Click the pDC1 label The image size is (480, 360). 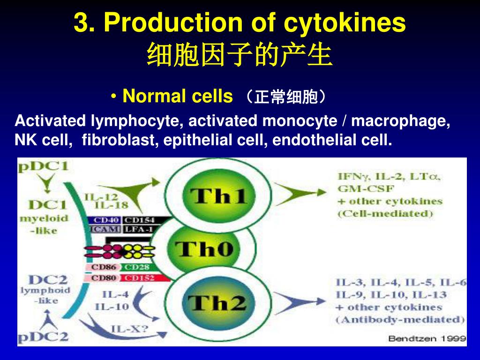click(43, 166)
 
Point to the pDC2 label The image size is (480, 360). click(43, 336)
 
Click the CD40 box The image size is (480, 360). click(104, 220)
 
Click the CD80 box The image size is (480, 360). click(103, 277)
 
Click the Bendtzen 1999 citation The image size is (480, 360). click(427, 338)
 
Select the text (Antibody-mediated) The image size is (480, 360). click(400, 320)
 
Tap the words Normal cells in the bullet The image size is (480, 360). click(177, 97)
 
